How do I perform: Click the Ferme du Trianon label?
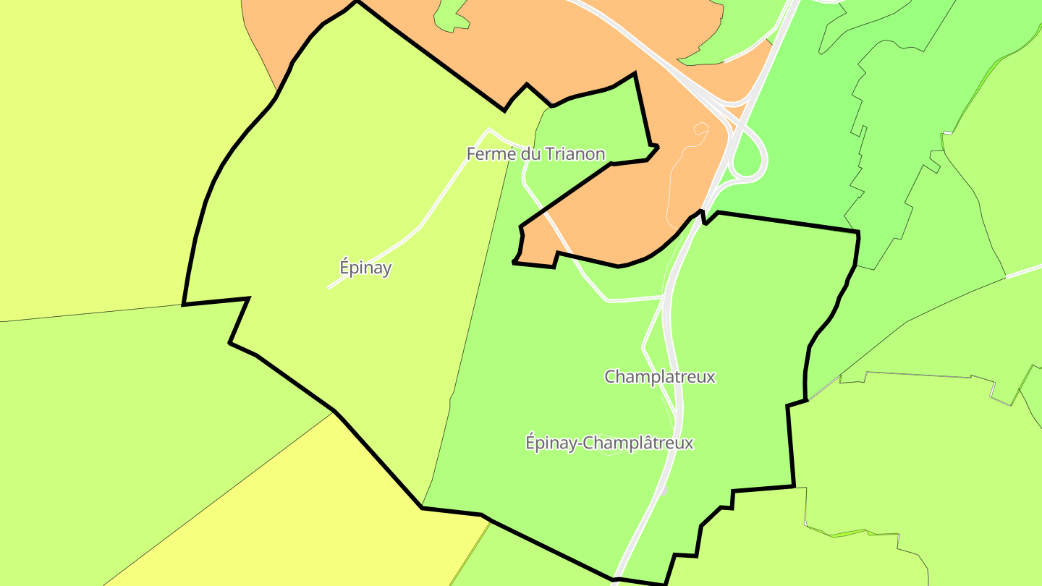tap(535, 154)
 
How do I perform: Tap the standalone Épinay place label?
tap(365, 268)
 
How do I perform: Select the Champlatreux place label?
tap(659, 377)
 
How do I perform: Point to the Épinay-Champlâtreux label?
tap(609, 443)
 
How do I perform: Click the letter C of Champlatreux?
tap(610, 377)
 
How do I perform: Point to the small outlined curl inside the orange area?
tap(700, 128)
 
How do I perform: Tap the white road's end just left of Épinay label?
tap(329, 287)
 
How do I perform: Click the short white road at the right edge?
tap(1024, 271)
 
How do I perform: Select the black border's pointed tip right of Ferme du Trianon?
tap(657, 148)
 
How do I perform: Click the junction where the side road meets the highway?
tap(664, 297)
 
